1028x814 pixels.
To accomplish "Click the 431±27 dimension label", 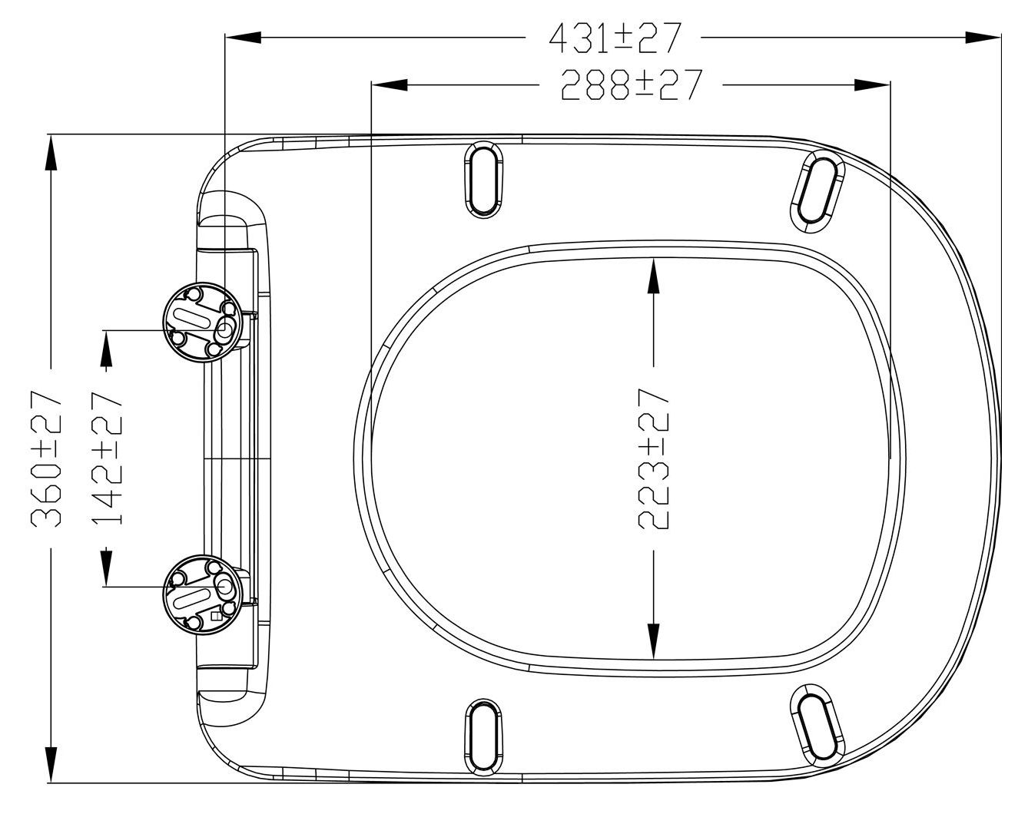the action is click(x=615, y=38).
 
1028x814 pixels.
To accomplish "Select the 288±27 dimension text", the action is click(x=632, y=85).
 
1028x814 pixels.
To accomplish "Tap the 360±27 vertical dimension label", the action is click(x=47, y=458).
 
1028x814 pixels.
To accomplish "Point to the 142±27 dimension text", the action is click(x=107, y=458).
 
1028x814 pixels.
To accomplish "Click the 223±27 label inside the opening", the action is click(x=654, y=458).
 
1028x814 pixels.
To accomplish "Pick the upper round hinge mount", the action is click(x=203, y=323).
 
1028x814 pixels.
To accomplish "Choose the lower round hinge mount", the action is click(x=203, y=595).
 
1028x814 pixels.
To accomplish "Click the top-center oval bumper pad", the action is click(x=484, y=180).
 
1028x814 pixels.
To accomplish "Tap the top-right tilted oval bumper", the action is click(x=817, y=192).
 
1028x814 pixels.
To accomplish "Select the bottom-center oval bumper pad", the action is click(x=484, y=738).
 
